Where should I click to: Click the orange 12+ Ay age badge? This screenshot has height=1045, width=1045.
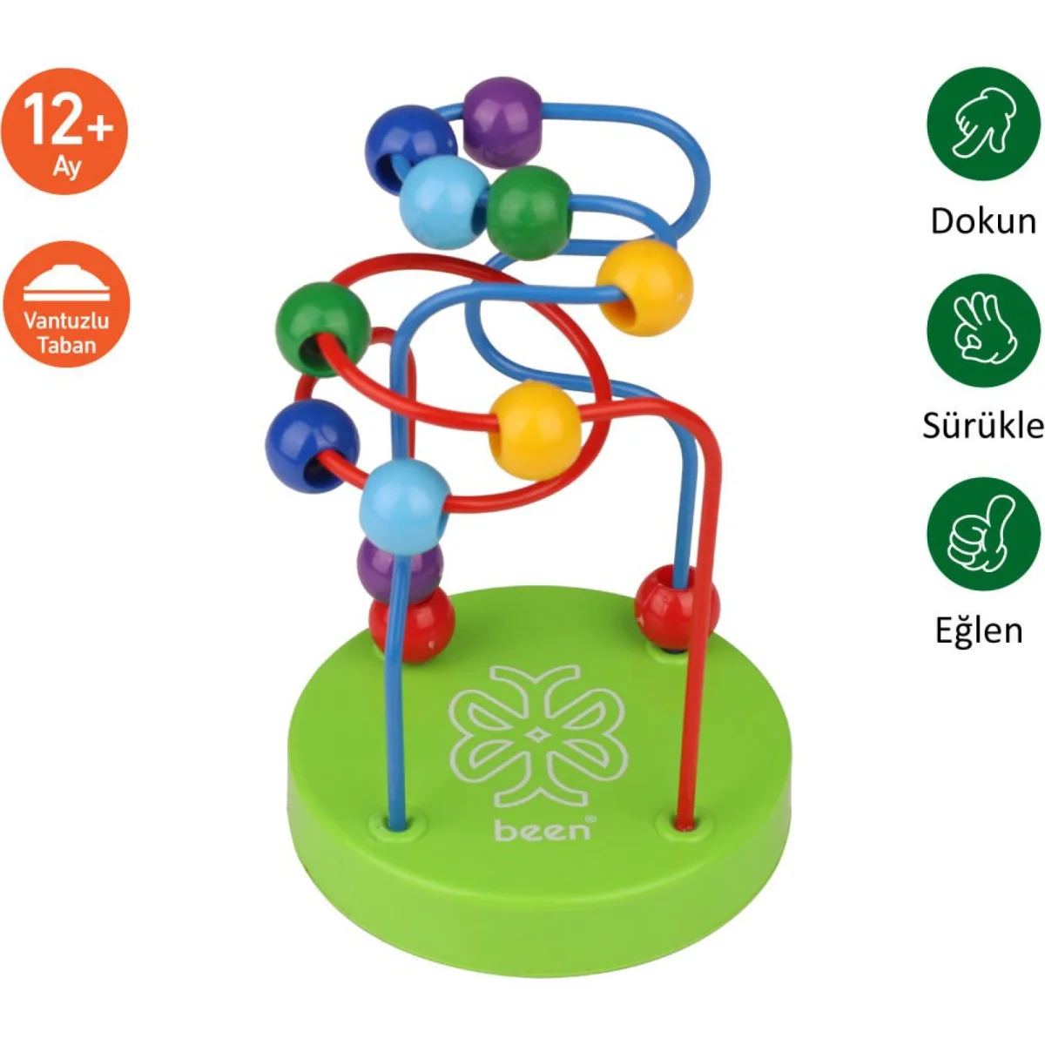(x=65, y=131)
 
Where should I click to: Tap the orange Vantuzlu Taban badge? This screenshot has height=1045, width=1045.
(x=66, y=304)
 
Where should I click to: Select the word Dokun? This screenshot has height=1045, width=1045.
(x=982, y=221)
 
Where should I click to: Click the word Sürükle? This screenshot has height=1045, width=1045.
(x=983, y=426)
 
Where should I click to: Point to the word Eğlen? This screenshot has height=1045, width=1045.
(x=979, y=630)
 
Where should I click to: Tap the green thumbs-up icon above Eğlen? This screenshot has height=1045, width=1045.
(x=983, y=533)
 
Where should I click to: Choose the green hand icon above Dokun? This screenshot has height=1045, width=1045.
(x=983, y=124)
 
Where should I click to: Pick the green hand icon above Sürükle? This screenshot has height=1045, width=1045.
(x=983, y=330)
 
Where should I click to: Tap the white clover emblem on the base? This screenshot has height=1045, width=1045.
(x=538, y=736)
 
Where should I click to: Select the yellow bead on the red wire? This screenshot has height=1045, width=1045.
(x=535, y=429)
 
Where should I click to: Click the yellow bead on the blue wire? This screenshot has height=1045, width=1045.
(x=645, y=287)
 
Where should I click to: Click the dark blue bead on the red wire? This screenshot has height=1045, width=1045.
(x=312, y=445)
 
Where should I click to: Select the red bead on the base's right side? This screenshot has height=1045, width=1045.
(x=676, y=607)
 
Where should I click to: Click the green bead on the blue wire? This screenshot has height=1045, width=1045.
(x=529, y=212)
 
